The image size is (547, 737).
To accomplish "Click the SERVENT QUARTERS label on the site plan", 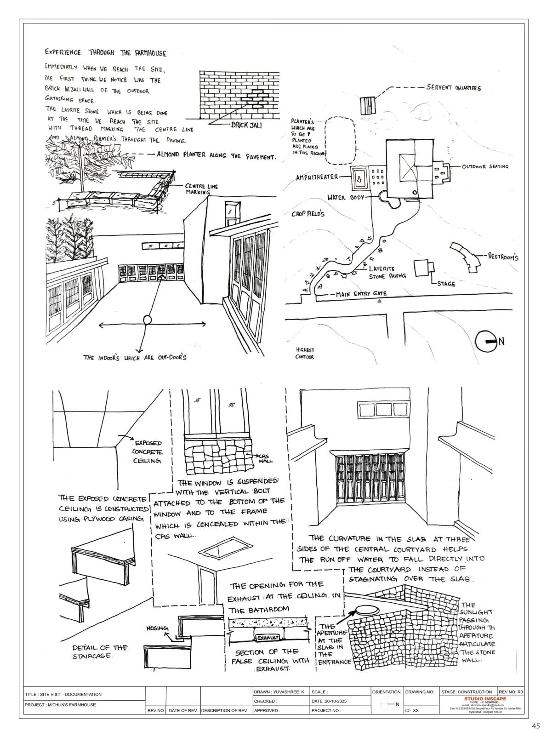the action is [x=453, y=88].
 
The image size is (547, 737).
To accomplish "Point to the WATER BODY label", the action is [x=345, y=198].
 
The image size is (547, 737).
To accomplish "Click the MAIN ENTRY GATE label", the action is [x=361, y=294].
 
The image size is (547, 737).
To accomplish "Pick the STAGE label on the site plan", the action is [x=444, y=284].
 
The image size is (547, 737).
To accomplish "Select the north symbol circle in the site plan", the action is [x=486, y=341].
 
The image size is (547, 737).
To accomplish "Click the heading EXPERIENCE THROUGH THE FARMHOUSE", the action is [x=105, y=53].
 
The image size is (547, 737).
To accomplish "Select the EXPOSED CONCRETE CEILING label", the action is [x=147, y=451].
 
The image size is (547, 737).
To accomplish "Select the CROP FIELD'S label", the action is [x=308, y=214].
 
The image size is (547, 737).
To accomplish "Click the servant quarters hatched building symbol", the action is [x=367, y=106].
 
